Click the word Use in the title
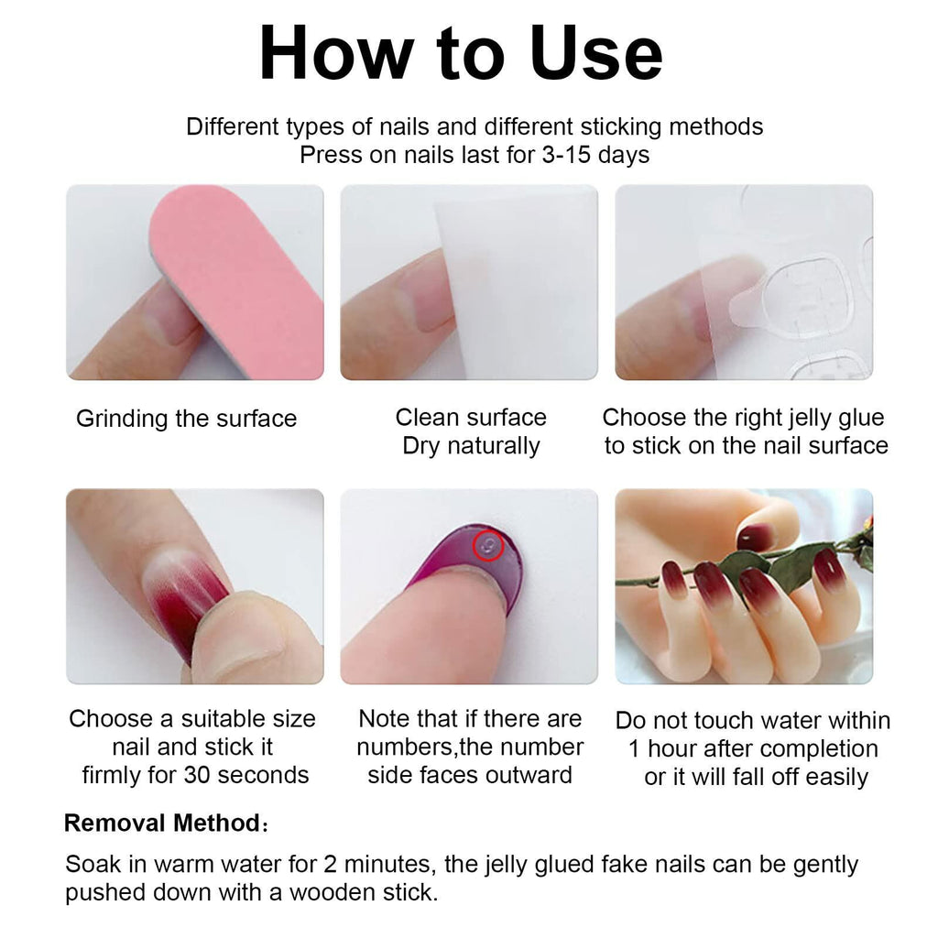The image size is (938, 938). coord(595,53)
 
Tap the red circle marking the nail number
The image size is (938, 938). coord(488,546)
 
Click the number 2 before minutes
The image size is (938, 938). coord(330,865)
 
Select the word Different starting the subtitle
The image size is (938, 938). coord(233,126)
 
